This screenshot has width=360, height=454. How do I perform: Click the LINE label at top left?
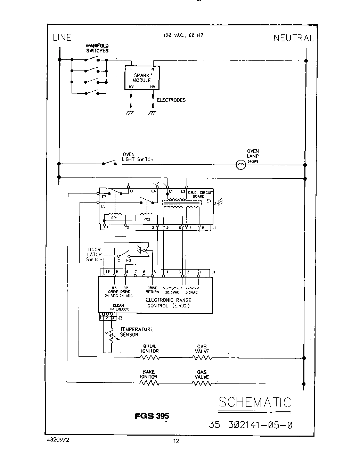[x=62, y=38]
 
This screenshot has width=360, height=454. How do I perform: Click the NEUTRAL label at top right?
[x=294, y=38]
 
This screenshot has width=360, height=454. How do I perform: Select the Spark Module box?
[x=142, y=78]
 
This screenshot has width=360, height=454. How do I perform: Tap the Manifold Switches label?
[x=97, y=48]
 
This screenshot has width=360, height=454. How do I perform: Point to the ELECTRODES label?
[x=171, y=100]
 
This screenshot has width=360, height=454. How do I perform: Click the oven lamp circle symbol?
[x=240, y=165]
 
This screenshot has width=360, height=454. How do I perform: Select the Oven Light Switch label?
[x=138, y=157]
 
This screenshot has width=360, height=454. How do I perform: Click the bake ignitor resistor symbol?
[x=149, y=383]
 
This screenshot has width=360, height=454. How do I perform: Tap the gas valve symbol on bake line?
[x=202, y=383]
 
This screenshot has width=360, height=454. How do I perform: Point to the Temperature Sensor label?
[x=136, y=332]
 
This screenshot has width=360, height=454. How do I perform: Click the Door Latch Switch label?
[x=94, y=254]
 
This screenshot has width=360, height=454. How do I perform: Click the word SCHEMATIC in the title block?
[x=255, y=402]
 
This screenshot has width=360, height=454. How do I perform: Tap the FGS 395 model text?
[x=152, y=416]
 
